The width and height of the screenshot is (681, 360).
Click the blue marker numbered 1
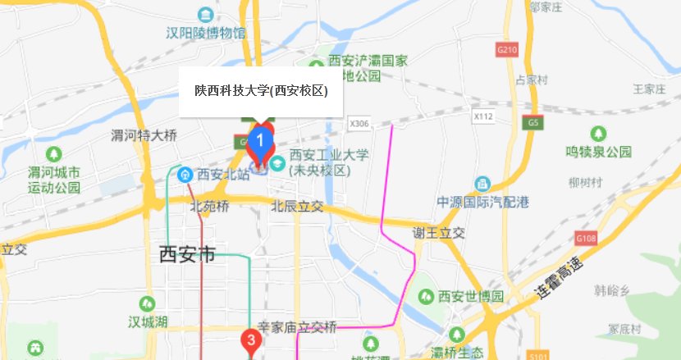[x=260, y=141]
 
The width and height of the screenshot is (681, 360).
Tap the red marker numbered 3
[x=251, y=339]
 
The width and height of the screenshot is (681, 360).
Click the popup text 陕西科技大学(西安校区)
[x=261, y=91]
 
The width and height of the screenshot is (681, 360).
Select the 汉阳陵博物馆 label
[x=205, y=34]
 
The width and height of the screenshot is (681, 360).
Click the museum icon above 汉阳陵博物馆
[x=206, y=15]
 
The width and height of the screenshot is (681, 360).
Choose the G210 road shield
[x=507, y=50]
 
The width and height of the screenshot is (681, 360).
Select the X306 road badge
[x=359, y=123]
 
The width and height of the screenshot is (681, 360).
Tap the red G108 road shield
[x=586, y=238]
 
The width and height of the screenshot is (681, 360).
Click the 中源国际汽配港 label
[x=482, y=202]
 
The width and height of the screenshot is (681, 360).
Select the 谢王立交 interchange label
[x=439, y=232]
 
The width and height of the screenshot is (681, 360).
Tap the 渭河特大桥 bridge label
[x=144, y=135]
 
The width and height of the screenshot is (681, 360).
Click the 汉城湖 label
[x=148, y=321]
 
